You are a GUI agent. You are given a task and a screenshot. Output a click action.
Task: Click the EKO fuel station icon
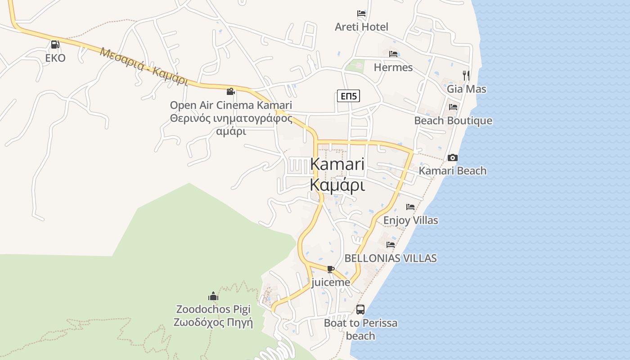click(x=55, y=44)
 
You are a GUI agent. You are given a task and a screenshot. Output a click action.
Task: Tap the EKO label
click(x=55, y=58)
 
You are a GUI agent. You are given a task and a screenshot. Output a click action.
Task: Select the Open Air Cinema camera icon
click(x=230, y=91)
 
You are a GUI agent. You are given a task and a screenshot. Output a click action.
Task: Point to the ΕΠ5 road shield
click(x=348, y=96)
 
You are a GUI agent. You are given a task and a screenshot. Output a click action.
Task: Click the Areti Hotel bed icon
click(x=361, y=13)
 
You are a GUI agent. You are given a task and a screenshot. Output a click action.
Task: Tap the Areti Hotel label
click(x=361, y=27)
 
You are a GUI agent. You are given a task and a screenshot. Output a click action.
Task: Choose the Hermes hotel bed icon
click(x=393, y=54)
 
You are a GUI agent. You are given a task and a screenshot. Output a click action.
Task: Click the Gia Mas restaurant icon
click(x=466, y=75)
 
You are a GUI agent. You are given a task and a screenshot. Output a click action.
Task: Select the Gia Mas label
click(x=466, y=89)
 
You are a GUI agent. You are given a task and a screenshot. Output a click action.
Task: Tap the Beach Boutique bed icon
click(x=453, y=107)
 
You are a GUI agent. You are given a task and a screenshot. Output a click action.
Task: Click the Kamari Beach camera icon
click(x=453, y=157)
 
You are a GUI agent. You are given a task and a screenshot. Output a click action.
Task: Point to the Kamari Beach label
click(x=453, y=171)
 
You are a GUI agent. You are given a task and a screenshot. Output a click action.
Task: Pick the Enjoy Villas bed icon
click(x=410, y=207)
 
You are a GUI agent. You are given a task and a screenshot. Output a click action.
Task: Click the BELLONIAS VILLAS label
click(x=391, y=258)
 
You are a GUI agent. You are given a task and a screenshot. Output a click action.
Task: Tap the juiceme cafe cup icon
click(x=331, y=269)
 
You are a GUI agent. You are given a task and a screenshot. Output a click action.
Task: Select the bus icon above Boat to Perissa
click(x=360, y=309)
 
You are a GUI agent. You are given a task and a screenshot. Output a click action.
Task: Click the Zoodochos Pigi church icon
click(x=213, y=296)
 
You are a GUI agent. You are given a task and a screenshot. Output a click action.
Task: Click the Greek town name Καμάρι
click(x=337, y=184)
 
